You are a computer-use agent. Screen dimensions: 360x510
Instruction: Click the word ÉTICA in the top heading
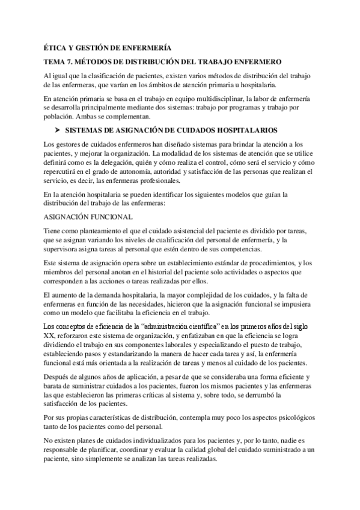point(56,48)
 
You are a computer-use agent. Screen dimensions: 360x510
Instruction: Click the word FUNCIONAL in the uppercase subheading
point(107,217)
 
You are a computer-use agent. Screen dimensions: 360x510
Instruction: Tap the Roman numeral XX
point(49,334)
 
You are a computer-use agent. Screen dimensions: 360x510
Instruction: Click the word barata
point(55,386)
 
